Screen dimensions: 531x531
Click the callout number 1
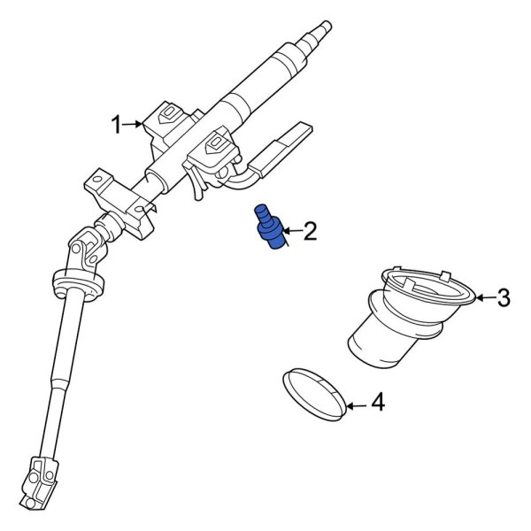click(117, 126)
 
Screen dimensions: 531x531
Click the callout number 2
click(309, 233)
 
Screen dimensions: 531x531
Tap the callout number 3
click(503, 298)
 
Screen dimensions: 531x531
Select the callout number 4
click(377, 404)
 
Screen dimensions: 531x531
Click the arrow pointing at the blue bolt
click(289, 234)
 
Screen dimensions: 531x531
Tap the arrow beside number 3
click(481, 298)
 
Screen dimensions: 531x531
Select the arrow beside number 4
click(354, 406)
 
